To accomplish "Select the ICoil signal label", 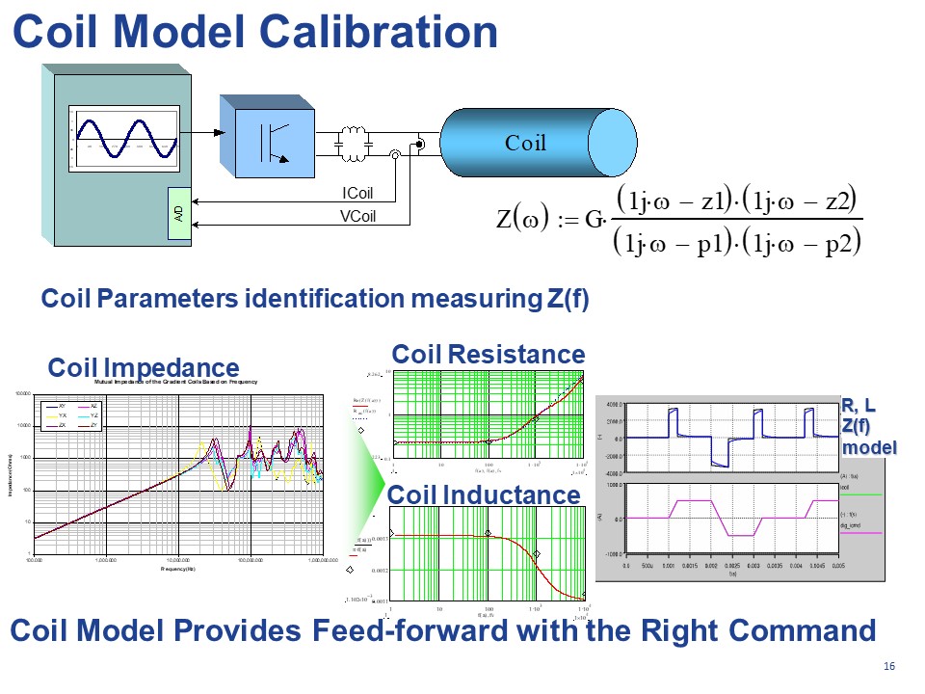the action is click(357, 194).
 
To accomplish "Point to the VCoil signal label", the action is click(357, 216).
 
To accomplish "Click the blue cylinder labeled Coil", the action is click(525, 144).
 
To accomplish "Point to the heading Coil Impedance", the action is click(144, 367).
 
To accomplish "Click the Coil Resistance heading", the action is click(488, 354).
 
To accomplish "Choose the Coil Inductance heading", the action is click(484, 494).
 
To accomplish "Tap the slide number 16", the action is click(888, 668).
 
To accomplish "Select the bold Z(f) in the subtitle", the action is click(568, 299).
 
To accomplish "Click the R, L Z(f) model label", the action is click(868, 426).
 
